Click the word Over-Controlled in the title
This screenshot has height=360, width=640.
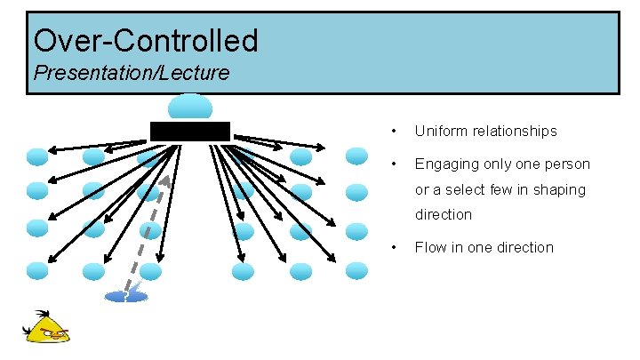[146, 40]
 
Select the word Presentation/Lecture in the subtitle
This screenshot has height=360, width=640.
[131, 73]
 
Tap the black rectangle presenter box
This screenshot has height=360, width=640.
[190, 132]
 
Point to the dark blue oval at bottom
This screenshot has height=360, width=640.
[126, 296]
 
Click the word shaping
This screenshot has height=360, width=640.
[560, 189]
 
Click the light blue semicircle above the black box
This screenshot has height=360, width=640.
[190, 107]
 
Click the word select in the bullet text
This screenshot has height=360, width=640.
[468, 189]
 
